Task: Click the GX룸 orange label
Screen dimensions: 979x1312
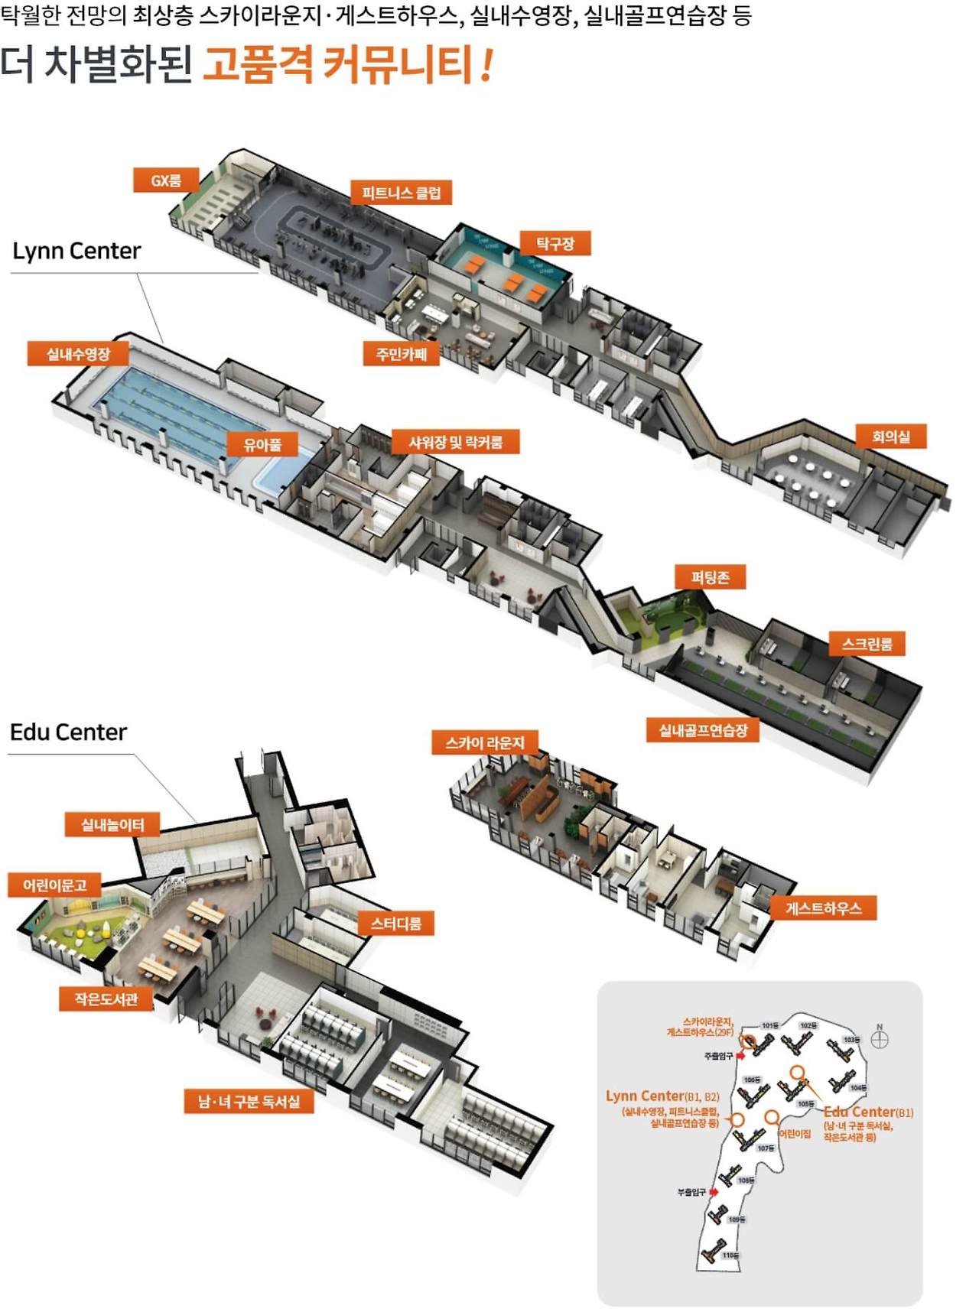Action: (166, 180)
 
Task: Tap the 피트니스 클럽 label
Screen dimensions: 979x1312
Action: (402, 193)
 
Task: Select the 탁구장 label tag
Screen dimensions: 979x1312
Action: (555, 244)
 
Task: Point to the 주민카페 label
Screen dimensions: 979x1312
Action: (402, 354)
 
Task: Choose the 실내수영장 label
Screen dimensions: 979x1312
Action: (78, 354)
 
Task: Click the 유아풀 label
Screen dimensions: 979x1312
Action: (262, 444)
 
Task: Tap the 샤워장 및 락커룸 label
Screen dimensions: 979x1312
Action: (456, 442)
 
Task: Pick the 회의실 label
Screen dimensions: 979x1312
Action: (891, 437)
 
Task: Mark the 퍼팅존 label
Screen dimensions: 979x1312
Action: (710, 577)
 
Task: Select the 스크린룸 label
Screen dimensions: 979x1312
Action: (867, 644)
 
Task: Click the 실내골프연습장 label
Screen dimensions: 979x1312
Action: (703, 730)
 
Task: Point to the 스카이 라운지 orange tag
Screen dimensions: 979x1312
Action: (485, 742)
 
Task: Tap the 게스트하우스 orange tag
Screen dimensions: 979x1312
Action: (823, 908)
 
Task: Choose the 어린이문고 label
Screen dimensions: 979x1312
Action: (55, 885)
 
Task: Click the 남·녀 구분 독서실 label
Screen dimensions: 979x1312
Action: (249, 1101)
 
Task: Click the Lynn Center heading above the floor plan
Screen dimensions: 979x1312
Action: (76, 251)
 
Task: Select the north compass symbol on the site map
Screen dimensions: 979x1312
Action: (880, 1039)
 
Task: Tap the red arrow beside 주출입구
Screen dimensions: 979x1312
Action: (740, 1056)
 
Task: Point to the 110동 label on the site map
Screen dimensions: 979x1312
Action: (730, 1255)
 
